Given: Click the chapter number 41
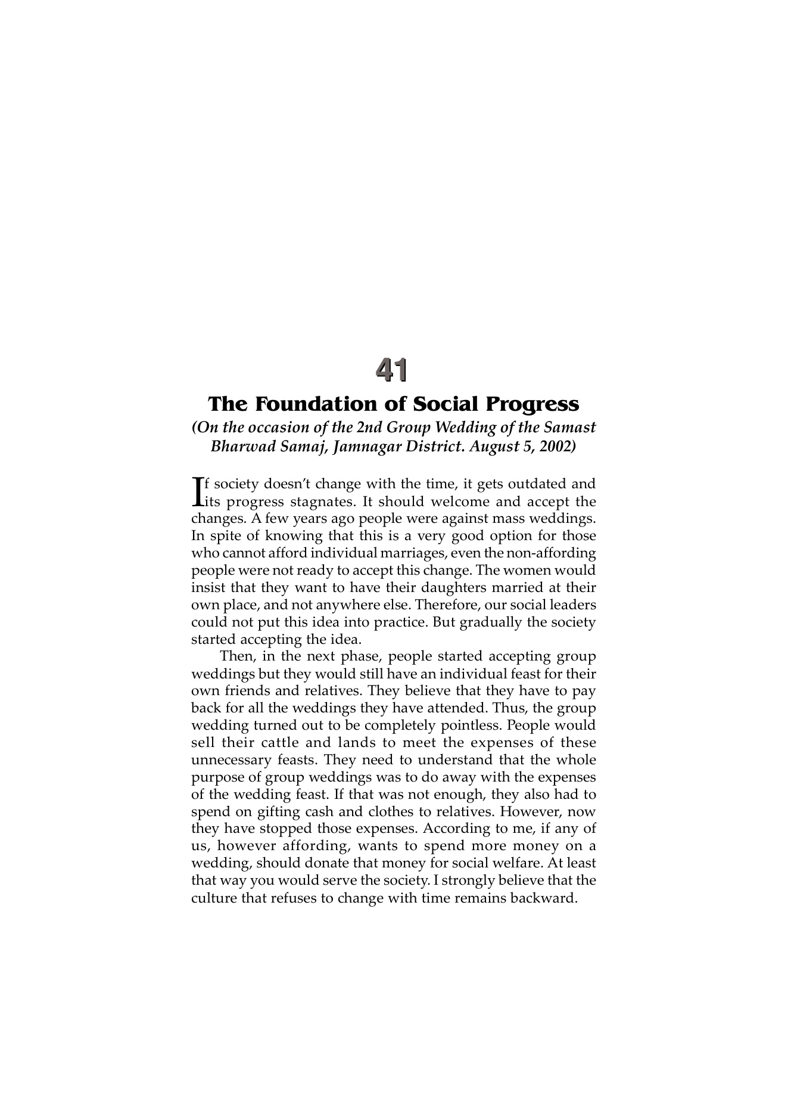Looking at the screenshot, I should [392, 370].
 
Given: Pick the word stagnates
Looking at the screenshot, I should [324, 501].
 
